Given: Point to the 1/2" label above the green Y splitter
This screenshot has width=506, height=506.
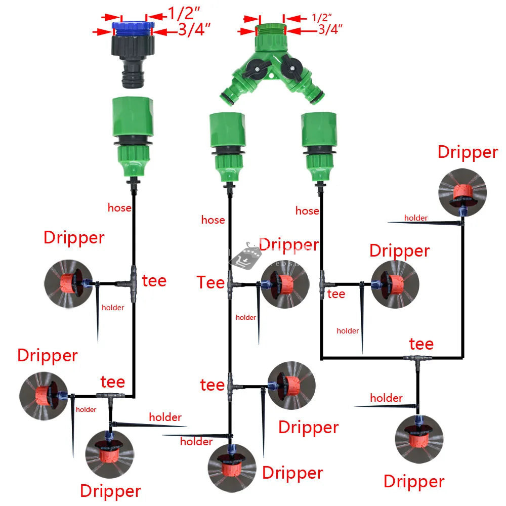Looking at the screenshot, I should point(320,18).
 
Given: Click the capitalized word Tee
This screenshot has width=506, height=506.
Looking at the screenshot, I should point(210,282).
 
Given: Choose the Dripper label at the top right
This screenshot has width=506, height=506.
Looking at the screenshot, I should point(468,152).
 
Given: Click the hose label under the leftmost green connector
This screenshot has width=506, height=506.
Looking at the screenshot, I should point(119,207).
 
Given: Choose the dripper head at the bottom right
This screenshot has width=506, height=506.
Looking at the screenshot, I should point(419,438).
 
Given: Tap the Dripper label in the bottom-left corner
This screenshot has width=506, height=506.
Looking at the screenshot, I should point(110,490).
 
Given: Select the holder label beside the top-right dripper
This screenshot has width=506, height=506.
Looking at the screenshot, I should point(415,218).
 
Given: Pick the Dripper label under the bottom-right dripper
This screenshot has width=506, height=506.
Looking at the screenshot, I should point(414,481).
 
